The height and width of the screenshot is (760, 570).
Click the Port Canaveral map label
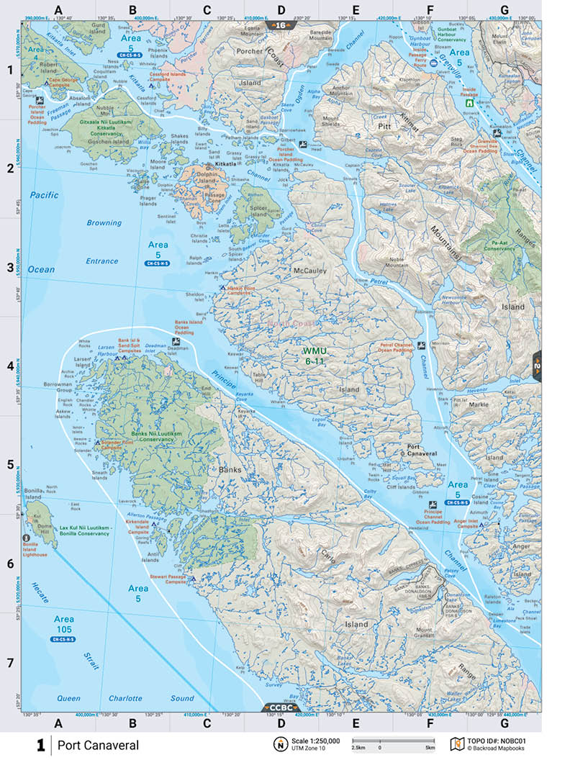[422, 451]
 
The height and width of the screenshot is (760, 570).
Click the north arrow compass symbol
[279, 743]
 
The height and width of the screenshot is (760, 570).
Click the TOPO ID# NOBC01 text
[499, 739]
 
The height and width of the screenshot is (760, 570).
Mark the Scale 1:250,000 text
[313, 739]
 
